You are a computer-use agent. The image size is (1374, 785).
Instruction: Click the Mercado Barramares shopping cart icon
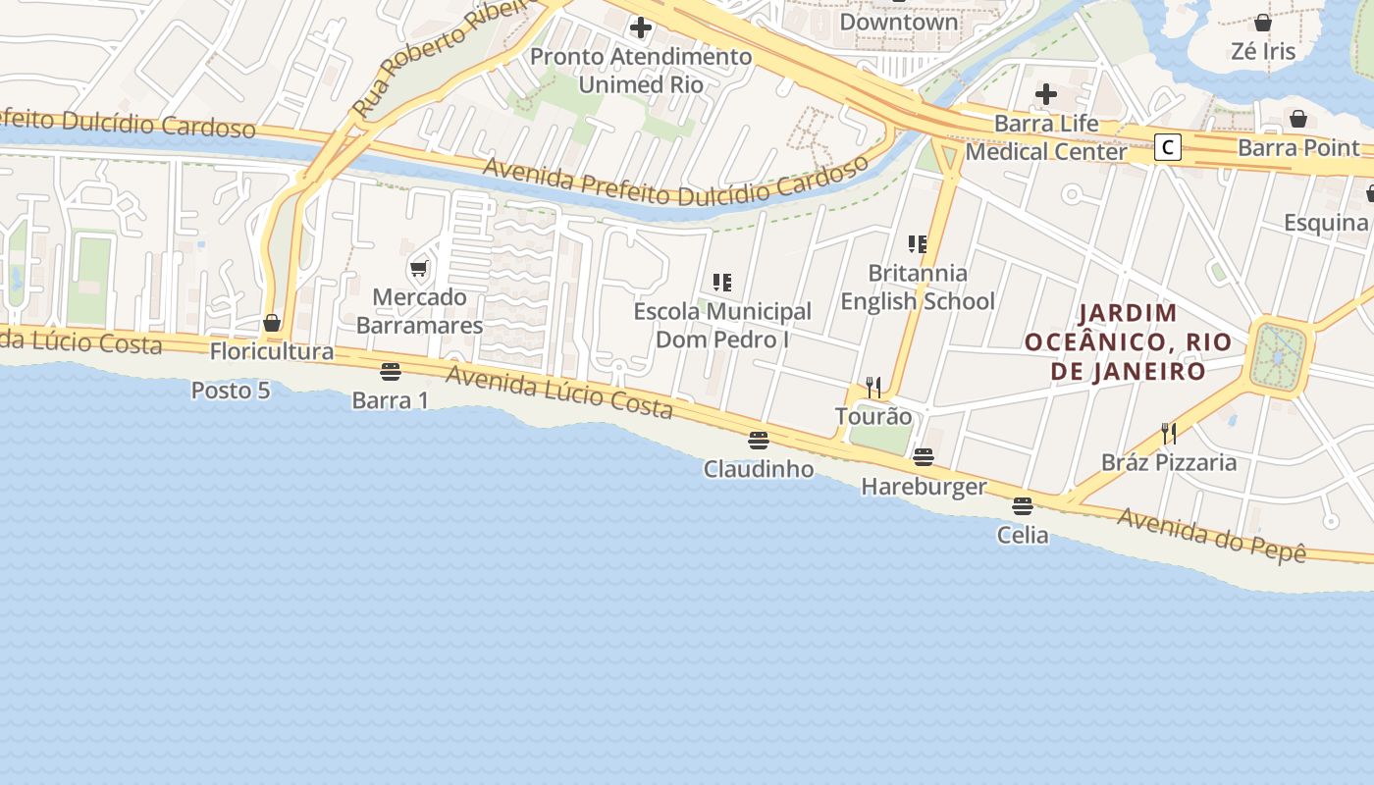pyautogui.click(x=419, y=269)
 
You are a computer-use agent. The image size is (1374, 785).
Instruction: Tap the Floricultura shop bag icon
pyautogui.click(x=272, y=323)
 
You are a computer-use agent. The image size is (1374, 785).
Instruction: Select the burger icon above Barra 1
pyautogui.click(x=390, y=372)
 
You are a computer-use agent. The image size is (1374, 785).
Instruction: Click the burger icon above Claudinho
pyautogui.click(x=758, y=441)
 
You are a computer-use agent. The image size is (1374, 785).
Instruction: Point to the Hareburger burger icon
pyautogui.click(x=923, y=457)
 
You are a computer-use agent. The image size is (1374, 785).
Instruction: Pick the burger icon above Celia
pyautogui.click(x=1023, y=506)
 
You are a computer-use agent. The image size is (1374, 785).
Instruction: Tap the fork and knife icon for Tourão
pyautogui.click(x=873, y=387)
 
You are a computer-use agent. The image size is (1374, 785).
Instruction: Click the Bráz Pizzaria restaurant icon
pyautogui.click(x=1169, y=433)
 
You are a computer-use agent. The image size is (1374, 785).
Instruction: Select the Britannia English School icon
pyautogui.click(x=918, y=243)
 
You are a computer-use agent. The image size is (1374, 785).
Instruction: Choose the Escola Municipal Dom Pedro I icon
pyautogui.click(x=722, y=283)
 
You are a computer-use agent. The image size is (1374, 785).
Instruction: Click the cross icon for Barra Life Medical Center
pyautogui.click(x=1046, y=94)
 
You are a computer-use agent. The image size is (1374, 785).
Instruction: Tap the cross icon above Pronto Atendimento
pyautogui.click(x=641, y=26)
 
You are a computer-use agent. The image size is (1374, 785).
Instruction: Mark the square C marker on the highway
pyautogui.click(x=1167, y=148)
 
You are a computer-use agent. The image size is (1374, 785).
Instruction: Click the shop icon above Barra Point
pyautogui.click(x=1298, y=119)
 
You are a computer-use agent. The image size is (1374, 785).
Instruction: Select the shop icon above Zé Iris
pyautogui.click(x=1263, y=22)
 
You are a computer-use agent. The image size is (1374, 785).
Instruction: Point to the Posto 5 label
pyautogui.click(x=231, y=391)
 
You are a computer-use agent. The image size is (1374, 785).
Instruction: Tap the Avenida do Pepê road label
pyautogui.click(x=1212, y=536)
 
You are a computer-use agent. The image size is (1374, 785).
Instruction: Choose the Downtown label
pyautogui.click(x=899, y=22)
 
